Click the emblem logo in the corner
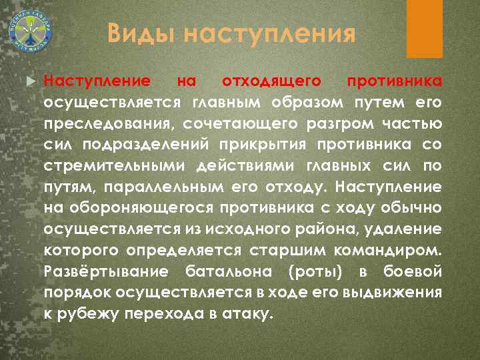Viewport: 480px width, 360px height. (30, 30)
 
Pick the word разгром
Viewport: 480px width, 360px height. (334, 124)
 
